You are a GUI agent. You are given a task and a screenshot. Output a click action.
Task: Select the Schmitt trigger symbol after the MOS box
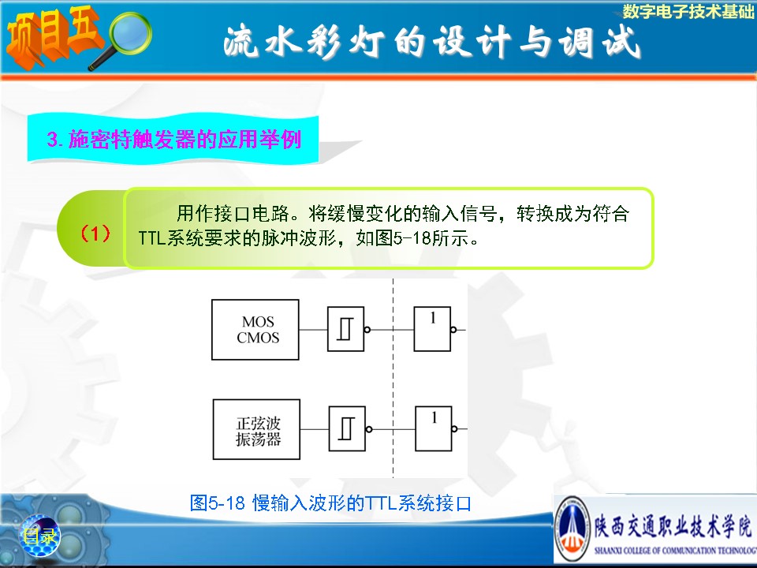(x=345, y=330)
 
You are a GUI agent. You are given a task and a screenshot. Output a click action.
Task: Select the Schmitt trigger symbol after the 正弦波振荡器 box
(x=347, y=429)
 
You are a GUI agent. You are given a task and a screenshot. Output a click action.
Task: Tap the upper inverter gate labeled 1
(x=432, y=329)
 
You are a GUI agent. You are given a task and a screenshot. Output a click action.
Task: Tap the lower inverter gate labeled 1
(x=434, y=429)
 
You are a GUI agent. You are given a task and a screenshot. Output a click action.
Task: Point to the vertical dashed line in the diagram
(x=393, y=378)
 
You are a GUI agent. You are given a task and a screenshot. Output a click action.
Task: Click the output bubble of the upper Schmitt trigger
(x=367, y=330)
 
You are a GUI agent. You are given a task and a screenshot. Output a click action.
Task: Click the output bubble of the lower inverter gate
(x=454, y=429)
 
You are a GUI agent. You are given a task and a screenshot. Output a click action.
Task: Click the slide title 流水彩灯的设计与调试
(x=432, y=43)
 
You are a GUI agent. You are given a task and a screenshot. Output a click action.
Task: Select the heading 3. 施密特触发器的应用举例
(x=173, y=139)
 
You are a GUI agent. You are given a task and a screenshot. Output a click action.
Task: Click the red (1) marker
(x=95, y=234)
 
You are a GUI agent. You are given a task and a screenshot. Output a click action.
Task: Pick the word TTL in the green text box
(x=152, y=238)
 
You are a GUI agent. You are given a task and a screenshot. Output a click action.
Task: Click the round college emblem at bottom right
(x=572, y=529)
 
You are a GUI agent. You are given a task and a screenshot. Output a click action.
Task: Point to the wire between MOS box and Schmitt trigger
(x=313, y=330)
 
